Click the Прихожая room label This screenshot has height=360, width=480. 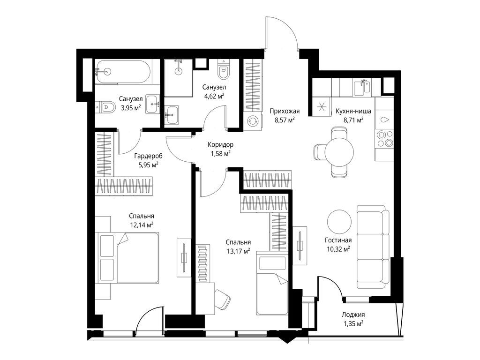[285, 111]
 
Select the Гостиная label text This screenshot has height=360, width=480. [338, 240]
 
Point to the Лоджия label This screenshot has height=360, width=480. [353, 315]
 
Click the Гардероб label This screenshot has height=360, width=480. [149, 156]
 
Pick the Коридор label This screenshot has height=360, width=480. [220, 144]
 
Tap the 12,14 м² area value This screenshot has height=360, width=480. [142, 225]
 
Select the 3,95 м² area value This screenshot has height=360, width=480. [131, 107]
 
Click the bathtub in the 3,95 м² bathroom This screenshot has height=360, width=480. [123, 72]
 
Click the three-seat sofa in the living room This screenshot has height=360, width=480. [373, 247]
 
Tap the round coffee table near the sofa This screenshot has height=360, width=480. [339, 222]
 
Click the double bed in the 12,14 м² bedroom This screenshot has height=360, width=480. [128, 257]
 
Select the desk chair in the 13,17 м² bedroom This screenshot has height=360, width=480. [222, 299]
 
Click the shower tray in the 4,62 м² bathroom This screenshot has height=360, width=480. [179, 78]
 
